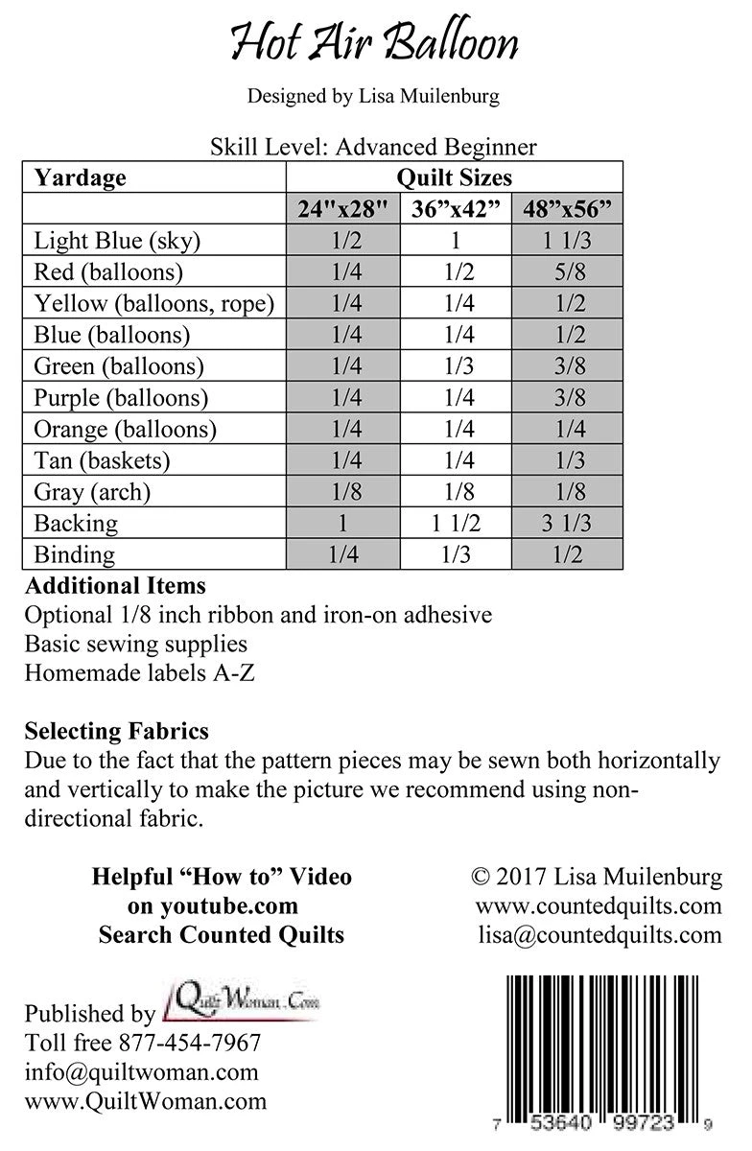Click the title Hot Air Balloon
374,43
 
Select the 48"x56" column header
567,209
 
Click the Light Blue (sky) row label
117,241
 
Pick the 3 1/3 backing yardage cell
567,524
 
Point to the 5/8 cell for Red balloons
567,272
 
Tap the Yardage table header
81,177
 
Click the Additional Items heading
115,585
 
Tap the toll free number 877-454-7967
189,1043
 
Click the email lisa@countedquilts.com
599,935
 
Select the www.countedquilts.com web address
598,906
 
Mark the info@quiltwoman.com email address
142,1072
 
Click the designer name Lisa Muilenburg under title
374,96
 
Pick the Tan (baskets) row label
102,460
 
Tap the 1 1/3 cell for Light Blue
567,241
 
